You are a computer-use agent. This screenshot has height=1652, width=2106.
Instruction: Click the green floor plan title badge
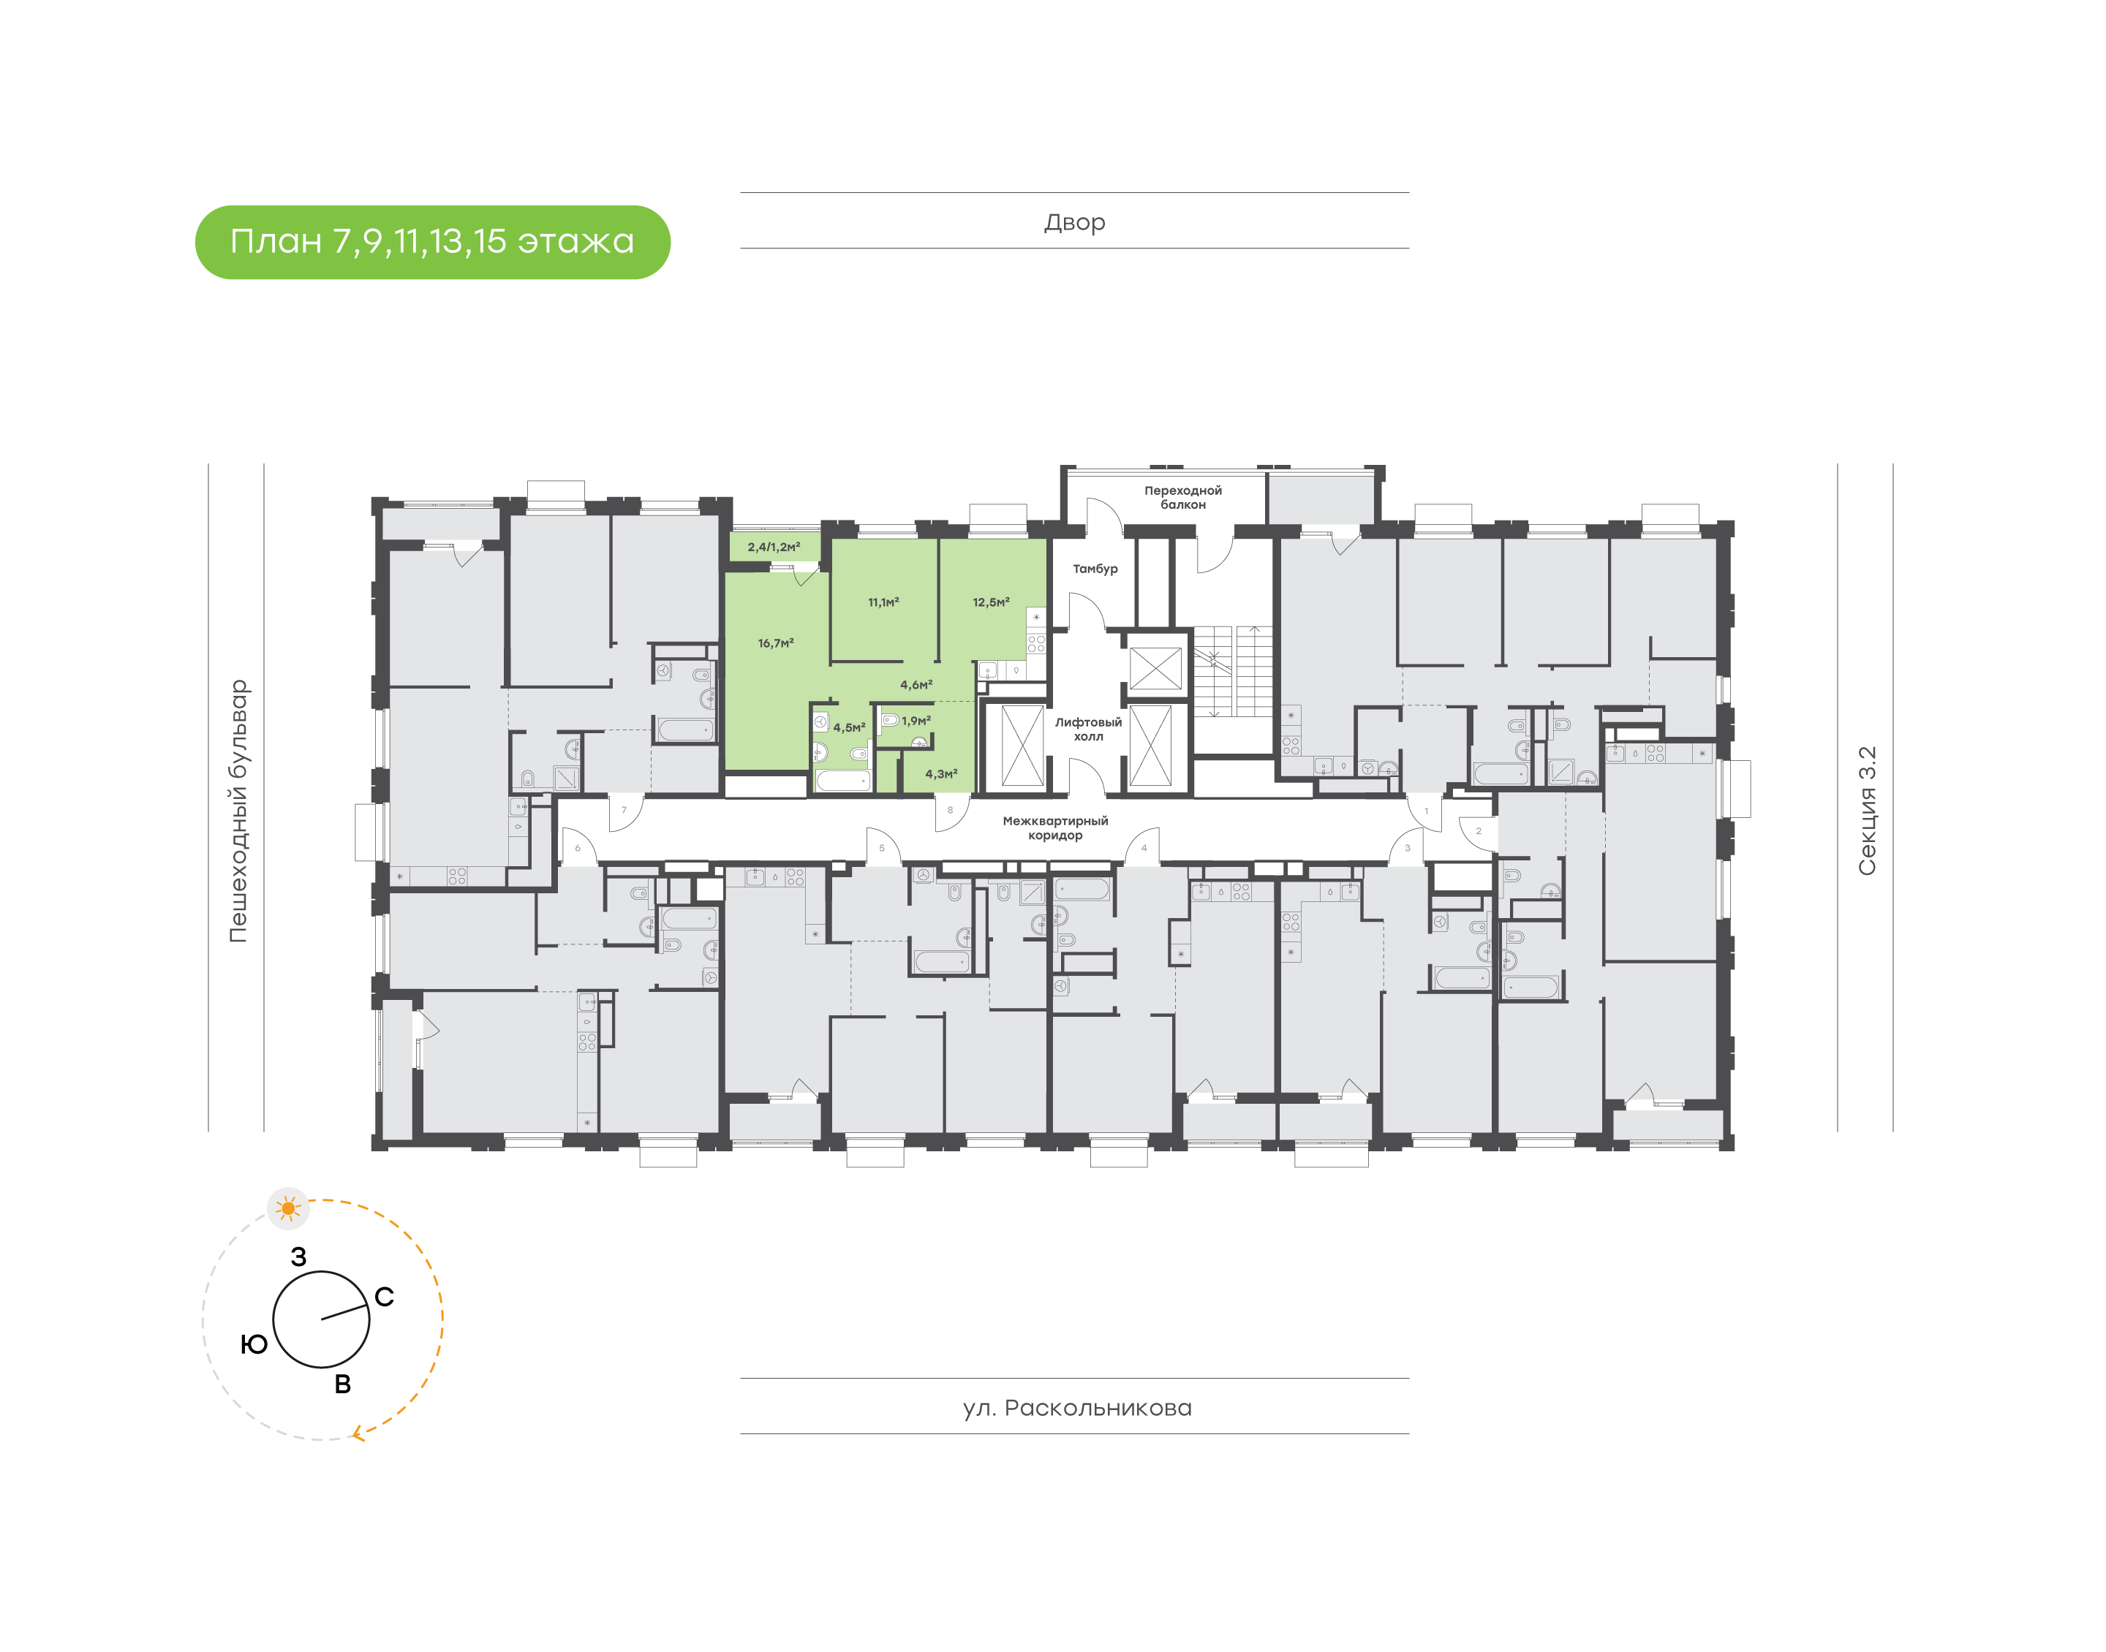[432, 242]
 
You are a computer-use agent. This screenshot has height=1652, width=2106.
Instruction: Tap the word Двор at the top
[1073, 222]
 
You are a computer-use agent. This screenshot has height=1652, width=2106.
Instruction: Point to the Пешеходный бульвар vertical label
[238, 811]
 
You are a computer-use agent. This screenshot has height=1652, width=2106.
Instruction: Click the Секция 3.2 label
[1866, 811]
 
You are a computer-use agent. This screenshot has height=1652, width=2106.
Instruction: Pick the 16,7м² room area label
[776, 643]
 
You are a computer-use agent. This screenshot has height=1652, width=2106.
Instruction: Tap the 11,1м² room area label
[883, 602]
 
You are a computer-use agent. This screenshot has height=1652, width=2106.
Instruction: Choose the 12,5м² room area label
[991, 602]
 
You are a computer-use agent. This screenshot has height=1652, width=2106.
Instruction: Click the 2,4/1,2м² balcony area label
[773, 547]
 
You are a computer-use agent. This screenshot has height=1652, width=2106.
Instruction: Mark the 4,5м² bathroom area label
[848, 727]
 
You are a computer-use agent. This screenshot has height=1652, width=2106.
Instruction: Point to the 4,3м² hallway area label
[941, 774]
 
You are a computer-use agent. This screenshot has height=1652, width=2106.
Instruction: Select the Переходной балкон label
[1183, 497]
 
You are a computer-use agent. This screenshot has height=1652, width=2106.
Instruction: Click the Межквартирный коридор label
[1055, 828]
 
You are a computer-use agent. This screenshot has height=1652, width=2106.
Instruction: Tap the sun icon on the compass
[288, 1208]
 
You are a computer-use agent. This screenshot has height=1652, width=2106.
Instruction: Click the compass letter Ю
[254, 1344]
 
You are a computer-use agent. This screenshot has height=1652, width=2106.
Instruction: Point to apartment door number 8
[950, 810]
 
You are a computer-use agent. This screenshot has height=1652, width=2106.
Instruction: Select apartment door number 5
[881, 848]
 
